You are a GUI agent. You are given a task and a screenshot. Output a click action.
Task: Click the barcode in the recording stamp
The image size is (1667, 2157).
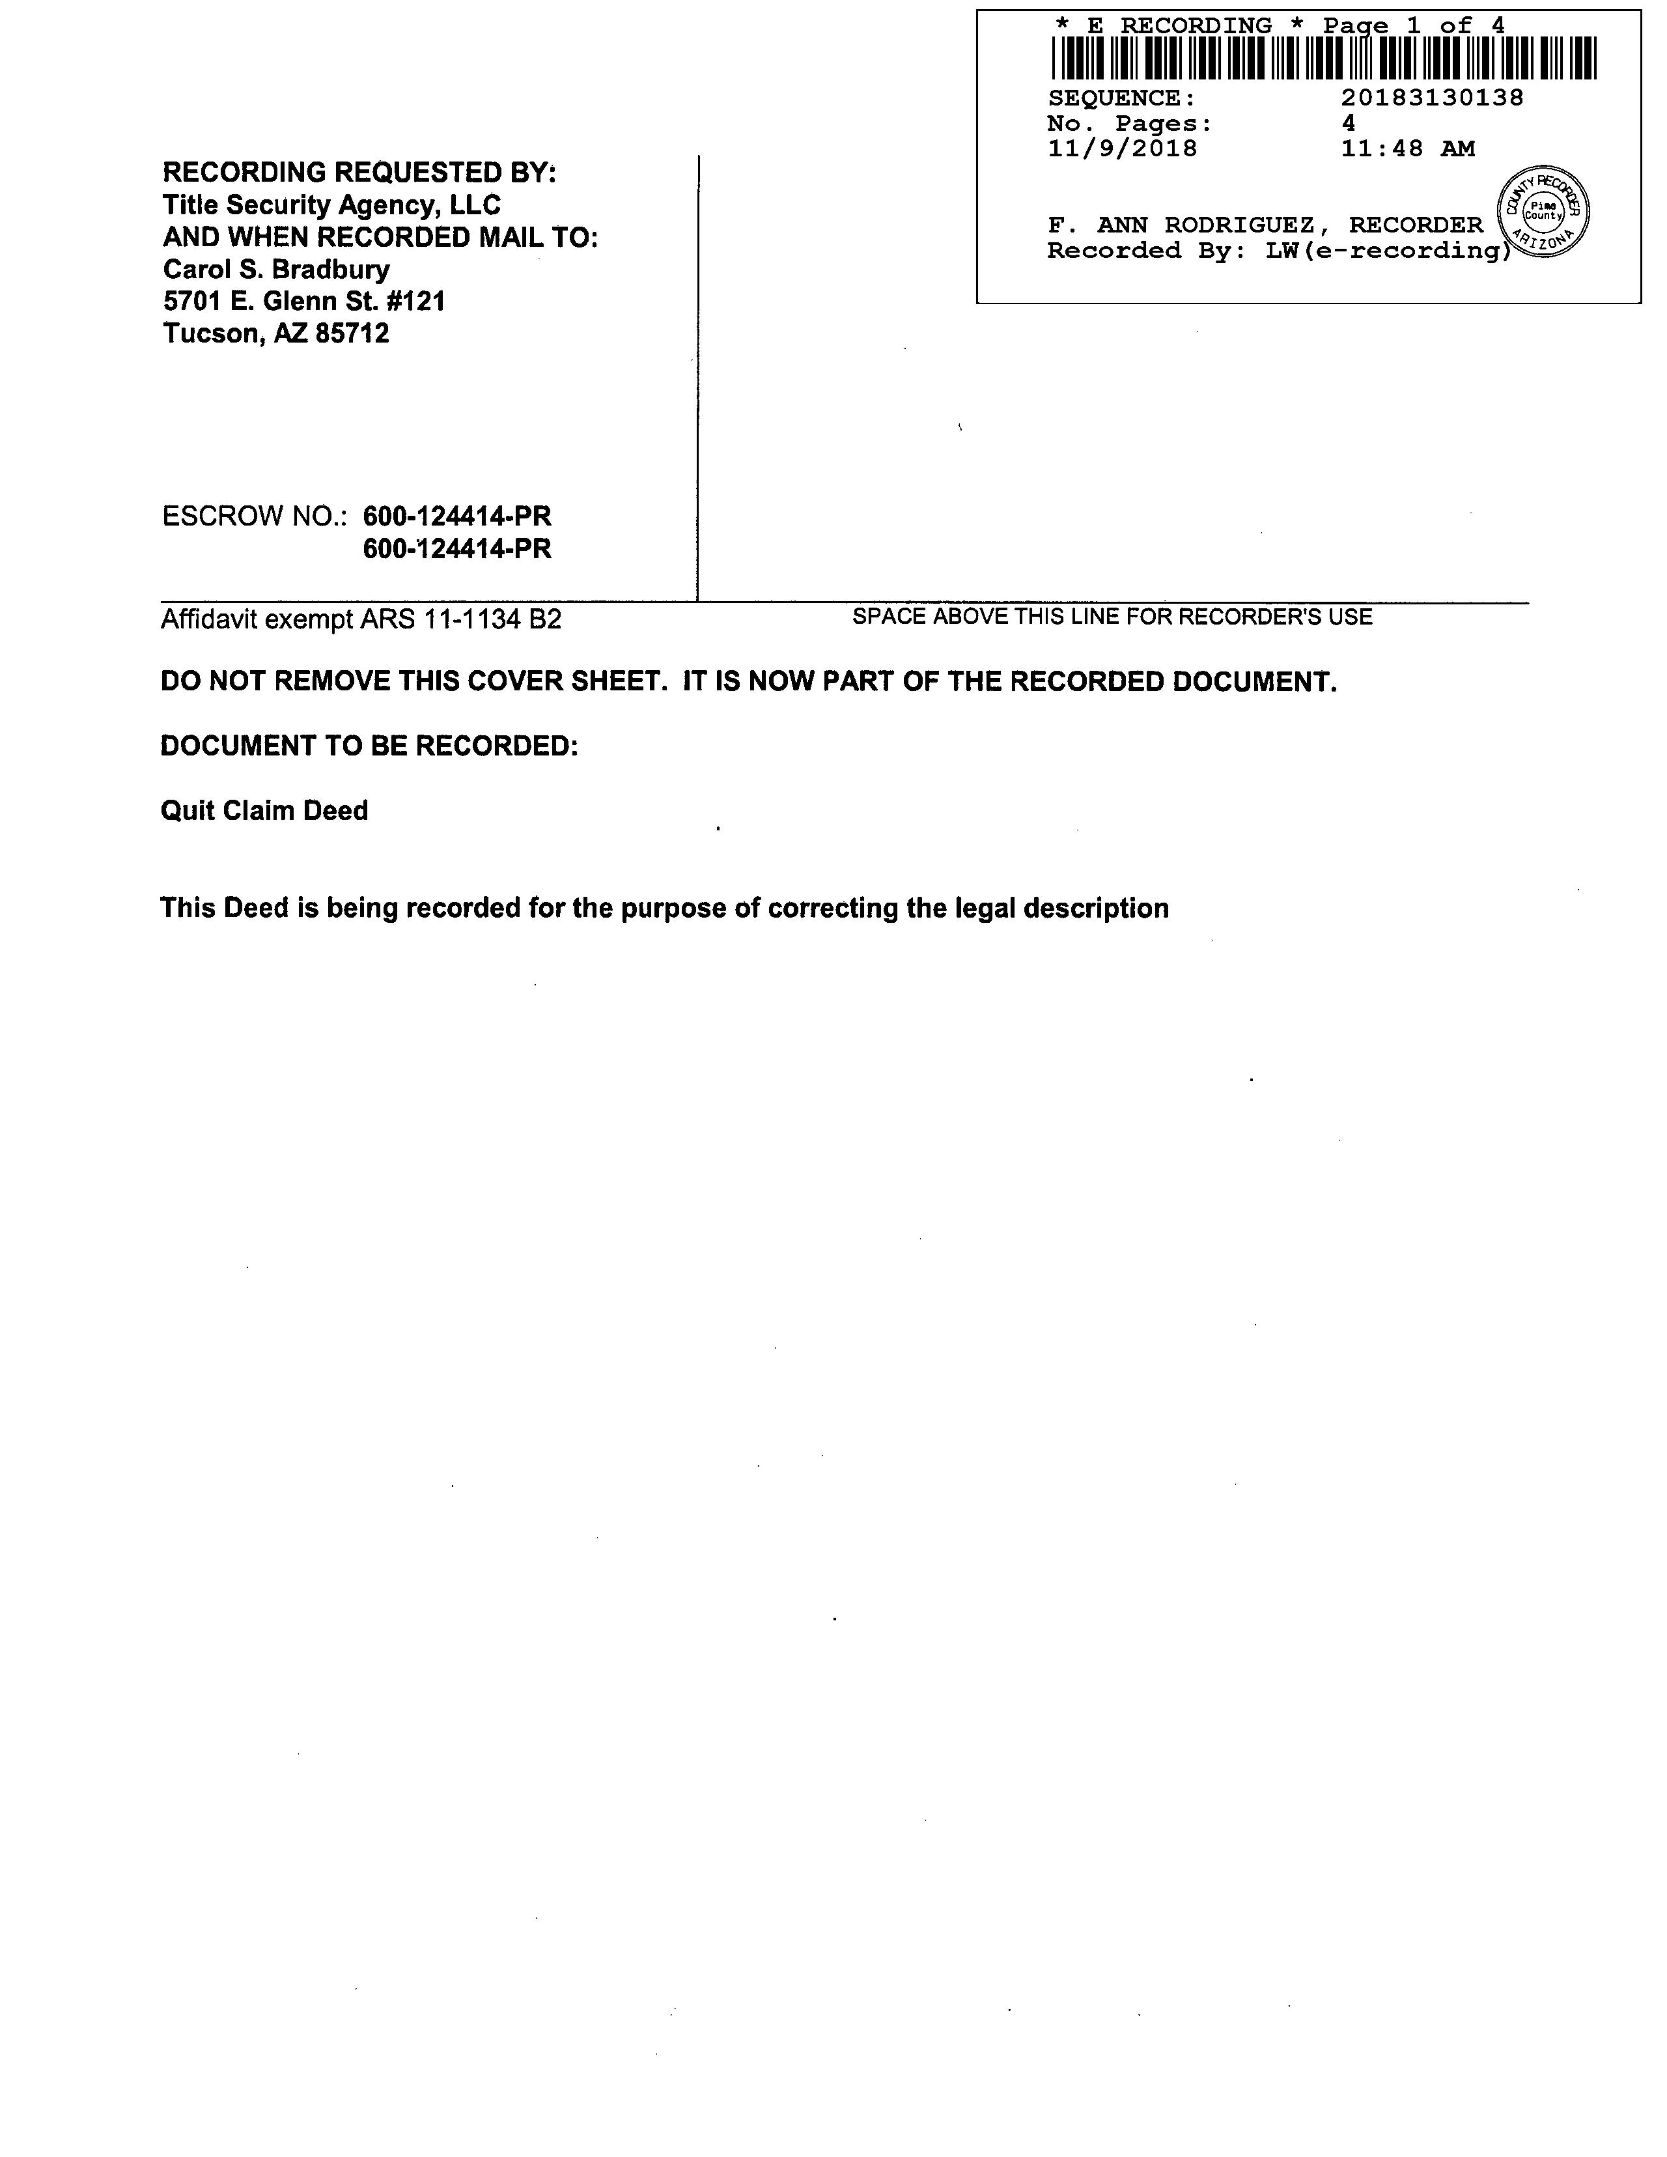[1323, 58]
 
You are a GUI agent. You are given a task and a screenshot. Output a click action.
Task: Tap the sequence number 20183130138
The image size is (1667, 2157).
[1432, 98]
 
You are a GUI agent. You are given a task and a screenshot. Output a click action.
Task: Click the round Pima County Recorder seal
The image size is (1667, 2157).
[1543, 212]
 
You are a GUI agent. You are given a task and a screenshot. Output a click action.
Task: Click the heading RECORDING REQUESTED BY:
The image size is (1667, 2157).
[359, 173]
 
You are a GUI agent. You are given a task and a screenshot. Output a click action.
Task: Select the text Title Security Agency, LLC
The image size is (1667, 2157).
[332, 205]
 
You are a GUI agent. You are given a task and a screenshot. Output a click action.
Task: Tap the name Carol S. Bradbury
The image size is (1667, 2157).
[277, 270]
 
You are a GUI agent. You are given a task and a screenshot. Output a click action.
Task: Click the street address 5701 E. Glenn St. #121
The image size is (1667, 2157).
[304, 302]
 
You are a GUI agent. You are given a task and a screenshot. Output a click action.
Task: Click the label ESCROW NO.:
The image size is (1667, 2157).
[255, 516]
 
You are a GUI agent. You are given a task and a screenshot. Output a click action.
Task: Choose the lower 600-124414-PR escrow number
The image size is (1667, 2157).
[457, 549]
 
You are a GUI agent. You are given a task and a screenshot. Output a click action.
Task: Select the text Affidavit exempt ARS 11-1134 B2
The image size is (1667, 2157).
[361, 620]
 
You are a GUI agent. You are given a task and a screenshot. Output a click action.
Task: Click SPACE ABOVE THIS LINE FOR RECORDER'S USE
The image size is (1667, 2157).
[1112, 617]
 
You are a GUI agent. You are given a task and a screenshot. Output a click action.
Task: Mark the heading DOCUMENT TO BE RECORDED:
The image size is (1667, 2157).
[369, 746]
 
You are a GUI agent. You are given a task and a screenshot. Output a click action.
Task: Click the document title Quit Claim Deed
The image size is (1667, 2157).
[264, 811]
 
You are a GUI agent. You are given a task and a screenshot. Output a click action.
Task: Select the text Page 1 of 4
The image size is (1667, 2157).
[1414, 25]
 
